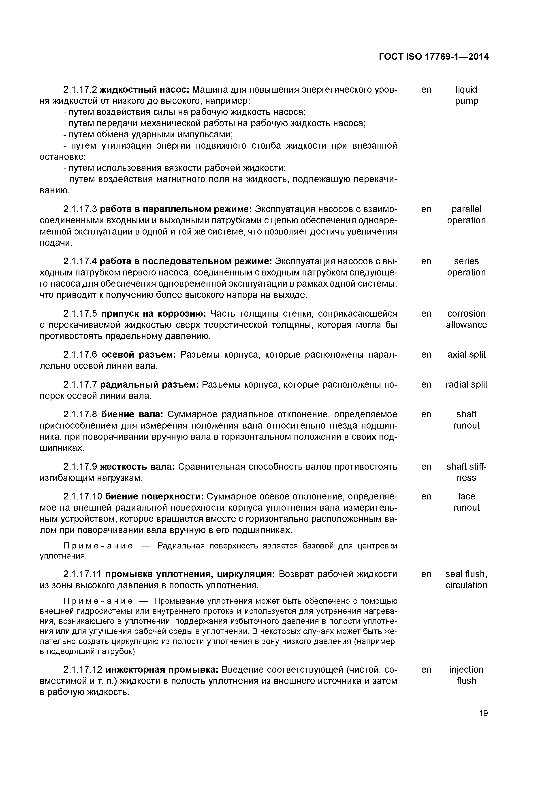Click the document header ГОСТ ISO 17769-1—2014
click(x=434, y=57)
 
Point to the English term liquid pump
click(x=466, y=95)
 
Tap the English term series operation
click(x=466, y=267)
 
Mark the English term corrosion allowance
click(x=466, y=319)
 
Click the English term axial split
click(x=466, y=354)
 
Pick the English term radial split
click(x=466, y=385)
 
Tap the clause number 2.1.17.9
click(x=80, y=467)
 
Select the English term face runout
click(x=466, y=502)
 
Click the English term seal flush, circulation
click(x=466, y=580)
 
